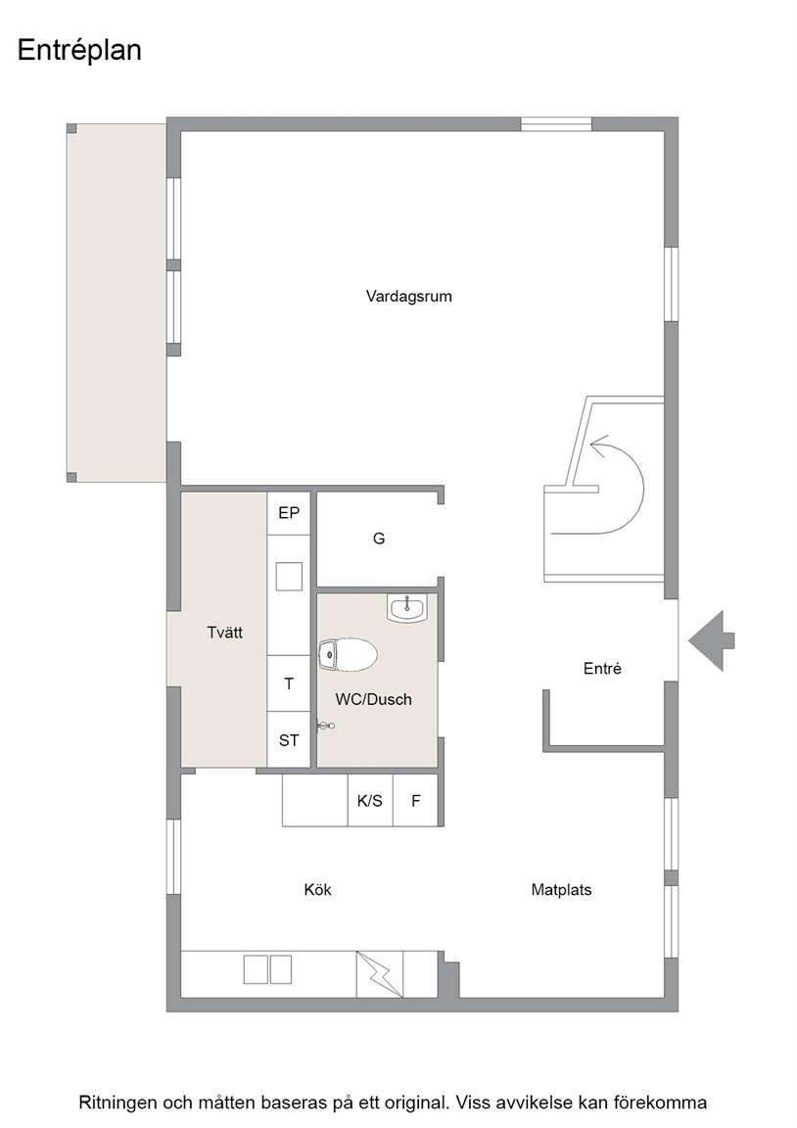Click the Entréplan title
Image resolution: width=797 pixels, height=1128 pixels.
coord(79,51)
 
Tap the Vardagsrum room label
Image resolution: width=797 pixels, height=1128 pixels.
coord(408,297)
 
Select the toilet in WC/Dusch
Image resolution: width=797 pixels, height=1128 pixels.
coord(348,654)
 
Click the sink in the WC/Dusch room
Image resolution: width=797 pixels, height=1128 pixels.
coord(407,608)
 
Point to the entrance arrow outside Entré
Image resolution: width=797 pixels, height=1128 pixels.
coord(712,640)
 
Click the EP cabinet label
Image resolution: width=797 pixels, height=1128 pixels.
coord(289,513)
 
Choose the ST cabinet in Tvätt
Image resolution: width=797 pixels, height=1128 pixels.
coord(289,739)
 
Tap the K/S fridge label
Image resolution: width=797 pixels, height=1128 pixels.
coord(370,801)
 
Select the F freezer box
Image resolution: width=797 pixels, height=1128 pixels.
coord(416,800)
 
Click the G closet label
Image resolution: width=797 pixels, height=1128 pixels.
coord(379,539)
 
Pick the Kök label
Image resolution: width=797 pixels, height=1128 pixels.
coord(317,890)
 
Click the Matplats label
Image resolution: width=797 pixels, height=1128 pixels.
coord(561,890)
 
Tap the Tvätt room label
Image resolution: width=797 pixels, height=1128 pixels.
coord(224,633)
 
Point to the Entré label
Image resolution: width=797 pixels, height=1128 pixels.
coord(602,669)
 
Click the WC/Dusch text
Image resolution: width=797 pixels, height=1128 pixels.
coord(373,699)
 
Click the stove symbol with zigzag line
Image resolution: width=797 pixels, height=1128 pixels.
coord(379,974)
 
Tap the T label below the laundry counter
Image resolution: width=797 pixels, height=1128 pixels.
coord(289,683)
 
